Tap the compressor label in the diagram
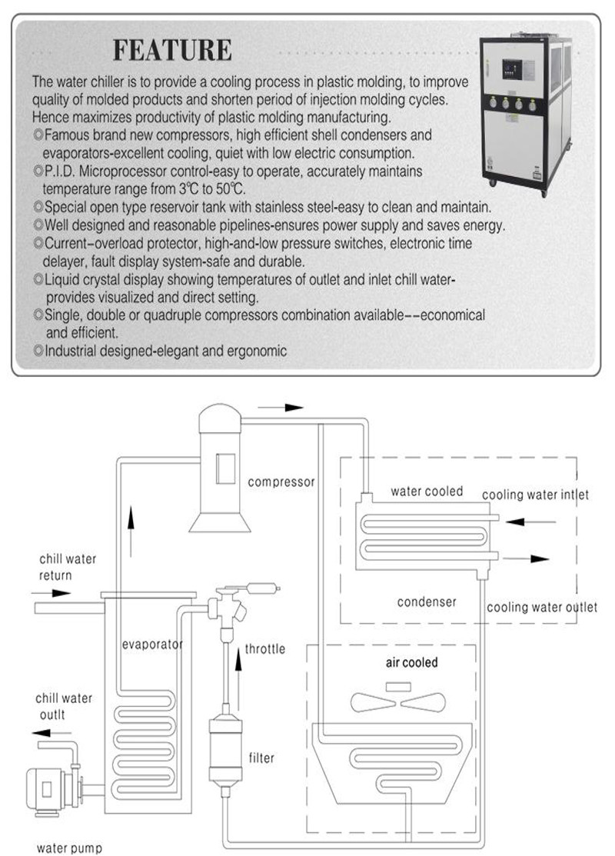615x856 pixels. pyautogui.click(x=281, y=482)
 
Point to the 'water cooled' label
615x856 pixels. pyautogui.click(x=427, y=491)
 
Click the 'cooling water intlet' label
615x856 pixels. pyautogui.click(x=535, y=495)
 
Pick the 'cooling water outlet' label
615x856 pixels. pyautogui.click(x=541, y=607)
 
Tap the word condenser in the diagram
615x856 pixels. pyautogui.click(x=427, y=601)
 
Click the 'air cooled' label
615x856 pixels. pyautogui.click(x=411, y=662)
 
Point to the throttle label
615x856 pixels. pyautogui.click(x=265, y=649)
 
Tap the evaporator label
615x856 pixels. pyautogui.click(x=153, y=644)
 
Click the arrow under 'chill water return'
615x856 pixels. pyautogui.click(x=52, y=593)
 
